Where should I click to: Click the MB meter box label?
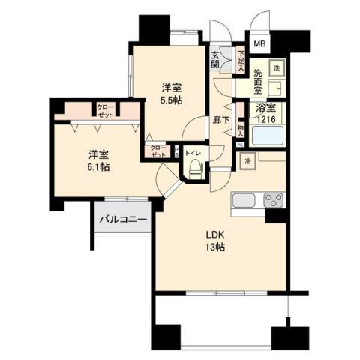(x=259, y=43)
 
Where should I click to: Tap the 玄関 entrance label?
(x=215, y=59)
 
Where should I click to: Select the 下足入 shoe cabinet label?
(x=240, y=60)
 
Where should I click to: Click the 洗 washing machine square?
(x=275, y=67)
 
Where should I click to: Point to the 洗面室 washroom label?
(x=262, y=79)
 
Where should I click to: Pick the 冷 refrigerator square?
(x=247, y=160)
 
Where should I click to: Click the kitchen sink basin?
(x=246, y=201)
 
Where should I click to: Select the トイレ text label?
(x=194, y=153)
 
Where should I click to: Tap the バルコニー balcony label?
(x=123, y=219)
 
